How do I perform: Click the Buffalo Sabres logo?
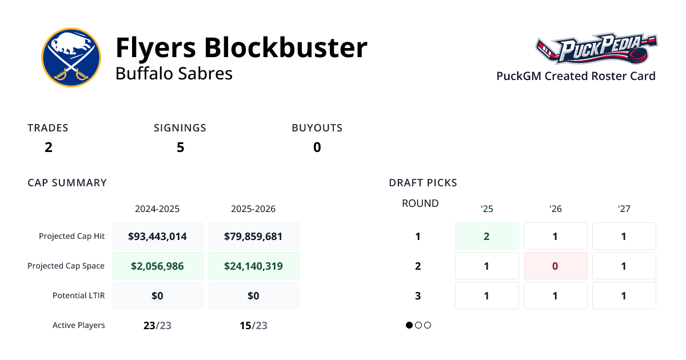(x=71, y=57)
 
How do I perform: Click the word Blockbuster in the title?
(x=285, y=47)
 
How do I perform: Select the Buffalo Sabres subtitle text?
(x=174, y=74)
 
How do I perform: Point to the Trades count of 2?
(x=49, y=147)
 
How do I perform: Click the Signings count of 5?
(x=180, y=147)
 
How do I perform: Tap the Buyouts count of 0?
(x=317, y=147)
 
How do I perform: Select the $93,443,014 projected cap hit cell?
(x=157, y=236)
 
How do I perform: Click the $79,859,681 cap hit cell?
(x=253, y=236)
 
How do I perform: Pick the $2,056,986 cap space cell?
(x=157, y=266)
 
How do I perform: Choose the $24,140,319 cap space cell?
(x=253, y=266)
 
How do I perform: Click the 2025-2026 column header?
(x=253, y=209)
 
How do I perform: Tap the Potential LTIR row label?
(x=79, y=295)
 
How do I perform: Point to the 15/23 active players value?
(x=253, y=326)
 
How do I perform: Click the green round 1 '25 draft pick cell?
(x=486, y=236)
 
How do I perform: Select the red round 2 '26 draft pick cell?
(x=555, y=266)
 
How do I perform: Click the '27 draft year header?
(x=624, y=209)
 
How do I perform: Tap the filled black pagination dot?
(x=409, y=325)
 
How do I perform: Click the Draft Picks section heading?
(x=423, y=183)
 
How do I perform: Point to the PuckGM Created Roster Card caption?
(x=576, y=76)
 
